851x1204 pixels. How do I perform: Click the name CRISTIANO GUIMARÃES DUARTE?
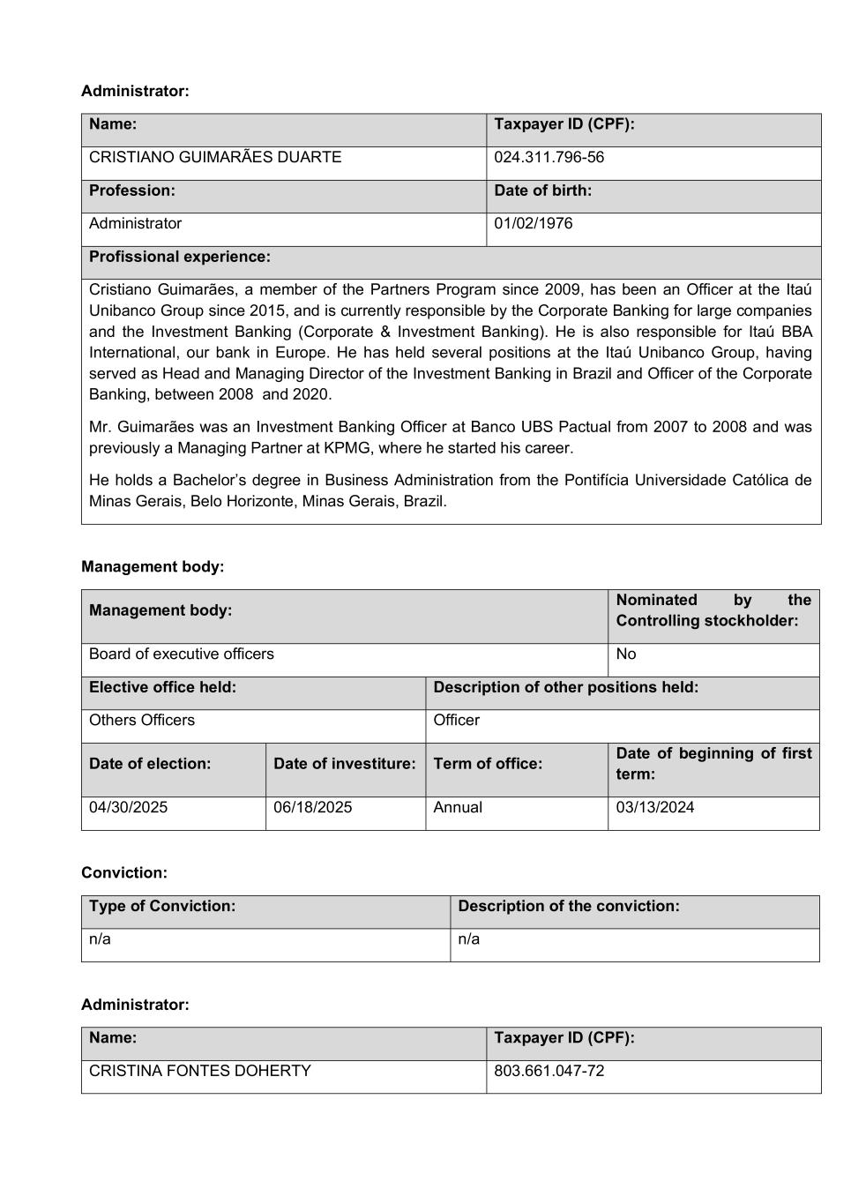pyautogui.click(x=215, y=158)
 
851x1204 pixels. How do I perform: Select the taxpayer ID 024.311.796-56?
pyautogui.click(x=549, y=158)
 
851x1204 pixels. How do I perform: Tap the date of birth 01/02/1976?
pyautogui.click(x=533, y=224)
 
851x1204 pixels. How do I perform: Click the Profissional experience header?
pyautogui.click(x=180, y=257)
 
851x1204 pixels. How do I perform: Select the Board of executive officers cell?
pyautogui.click(x=182, y=654)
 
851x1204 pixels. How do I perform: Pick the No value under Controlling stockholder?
pyautogui.click(x=626, y=654)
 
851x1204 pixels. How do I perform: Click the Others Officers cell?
pyautogui.click(x=142, y=721)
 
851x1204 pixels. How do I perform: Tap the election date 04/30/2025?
pyautogui.click(x=128, y=808)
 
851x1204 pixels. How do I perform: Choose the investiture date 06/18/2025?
pyautogui.click(x=312, y=808)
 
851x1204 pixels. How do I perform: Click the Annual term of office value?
pyautogui.click(x=458, y=808)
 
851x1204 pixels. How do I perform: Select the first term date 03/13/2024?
pyautogui.click(x=655, y=808)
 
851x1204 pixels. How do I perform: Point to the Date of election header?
pyautogui.click(x=150, y=764)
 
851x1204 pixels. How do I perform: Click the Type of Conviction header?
pyautogui.click(x=162, y=906)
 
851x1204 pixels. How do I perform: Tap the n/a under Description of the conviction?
pyautogui.click(x=469, y=939)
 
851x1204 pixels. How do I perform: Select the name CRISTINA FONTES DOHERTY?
pyautogui.click(x=200, y=1072)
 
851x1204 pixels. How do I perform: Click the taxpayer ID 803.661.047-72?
pyautogui.click(x=549, y=1072)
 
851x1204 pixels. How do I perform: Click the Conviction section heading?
pyautogui.click(x=124, y=873)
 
